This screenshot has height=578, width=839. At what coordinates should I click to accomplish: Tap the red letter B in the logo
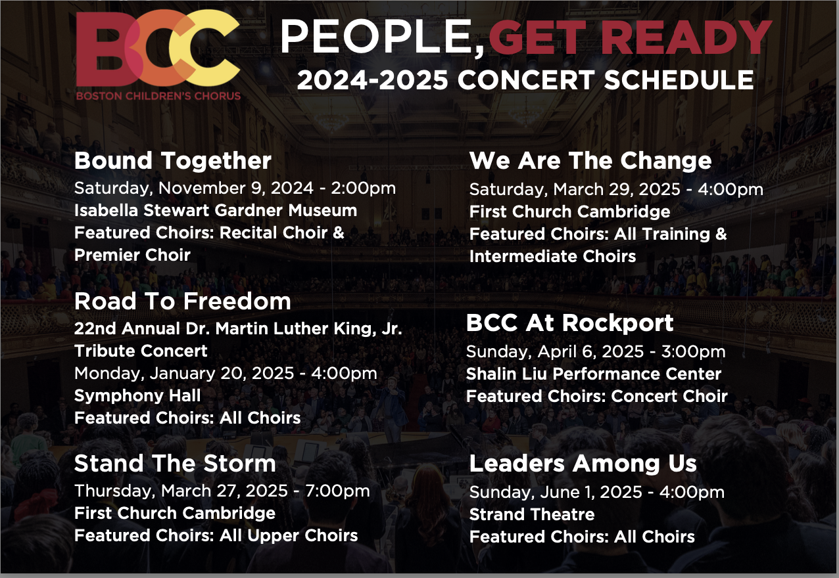click(101, 49)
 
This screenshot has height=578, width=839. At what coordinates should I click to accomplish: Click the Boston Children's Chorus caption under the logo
click(158, 96)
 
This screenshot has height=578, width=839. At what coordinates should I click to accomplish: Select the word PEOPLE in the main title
click(382, 37)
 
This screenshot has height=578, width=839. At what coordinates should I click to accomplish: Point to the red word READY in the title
click(686, 37)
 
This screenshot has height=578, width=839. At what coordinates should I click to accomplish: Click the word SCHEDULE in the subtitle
click(679, 80)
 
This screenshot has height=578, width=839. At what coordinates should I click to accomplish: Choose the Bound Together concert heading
click(173, 161)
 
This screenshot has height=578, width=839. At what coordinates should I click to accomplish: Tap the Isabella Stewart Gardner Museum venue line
click(216, 210)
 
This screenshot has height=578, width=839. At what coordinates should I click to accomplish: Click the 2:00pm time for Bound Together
click(364, 188)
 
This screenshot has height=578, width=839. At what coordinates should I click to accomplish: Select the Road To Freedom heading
click(182, 301)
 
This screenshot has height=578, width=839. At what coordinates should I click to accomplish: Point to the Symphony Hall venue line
click(137, 396)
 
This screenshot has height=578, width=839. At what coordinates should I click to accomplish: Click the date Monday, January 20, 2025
click(184, 374)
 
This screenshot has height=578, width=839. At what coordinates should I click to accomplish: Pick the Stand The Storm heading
click(175, 464)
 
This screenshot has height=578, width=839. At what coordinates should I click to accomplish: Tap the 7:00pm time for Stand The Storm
click(338, 491)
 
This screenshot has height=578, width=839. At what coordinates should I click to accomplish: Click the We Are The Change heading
click(590, 161)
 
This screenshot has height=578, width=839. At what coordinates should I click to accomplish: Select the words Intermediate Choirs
click(552, 257)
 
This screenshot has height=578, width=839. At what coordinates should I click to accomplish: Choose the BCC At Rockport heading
click(569, 323)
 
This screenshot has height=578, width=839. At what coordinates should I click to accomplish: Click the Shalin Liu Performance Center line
click(594, 374)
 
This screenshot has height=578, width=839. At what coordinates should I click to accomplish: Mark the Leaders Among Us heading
click(583, 464)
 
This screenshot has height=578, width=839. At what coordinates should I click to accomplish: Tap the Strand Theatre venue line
click(532, 514)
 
